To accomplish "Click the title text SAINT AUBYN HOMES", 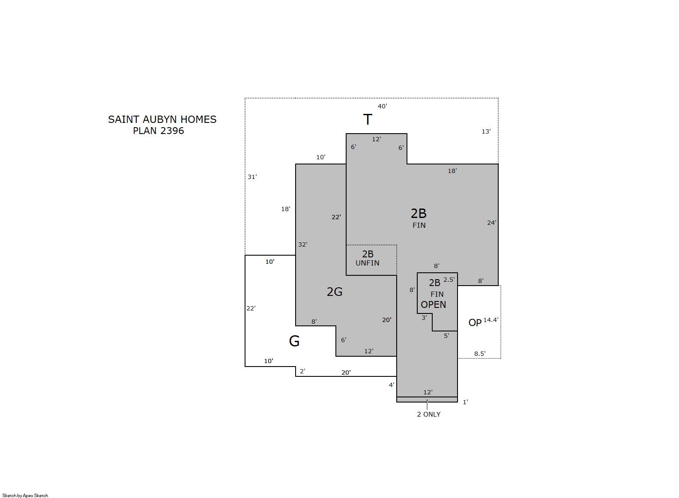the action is (x=162, y=119).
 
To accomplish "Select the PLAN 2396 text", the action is (x=159, y=131).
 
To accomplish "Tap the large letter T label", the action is (x=368, y=119).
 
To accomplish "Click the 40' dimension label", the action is (x=383, y=106).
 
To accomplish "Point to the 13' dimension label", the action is (x=486, y=131).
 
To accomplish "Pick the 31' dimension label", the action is (x=252, y=177).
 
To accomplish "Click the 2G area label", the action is (x=335, y=292).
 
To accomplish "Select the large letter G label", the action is (x=294, y=341).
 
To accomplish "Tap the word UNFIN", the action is (x=368, y=263).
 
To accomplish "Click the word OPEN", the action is (x=434, y=305).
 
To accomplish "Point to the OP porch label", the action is (x=475, y=323).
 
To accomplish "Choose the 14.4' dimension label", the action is (x=491, y=320).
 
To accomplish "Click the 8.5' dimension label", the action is (x=480, y=354).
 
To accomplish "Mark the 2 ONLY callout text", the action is (x=429, y=415).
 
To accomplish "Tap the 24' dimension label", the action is (x=492, y=223).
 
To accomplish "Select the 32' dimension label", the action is (x=303, y=245).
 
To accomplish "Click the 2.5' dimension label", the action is (x=449, y=280).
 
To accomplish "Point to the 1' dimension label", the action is (x=465, y=402).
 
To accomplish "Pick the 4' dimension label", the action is (x=392, y=385).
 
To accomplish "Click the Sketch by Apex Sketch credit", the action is (x=25, y=495).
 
